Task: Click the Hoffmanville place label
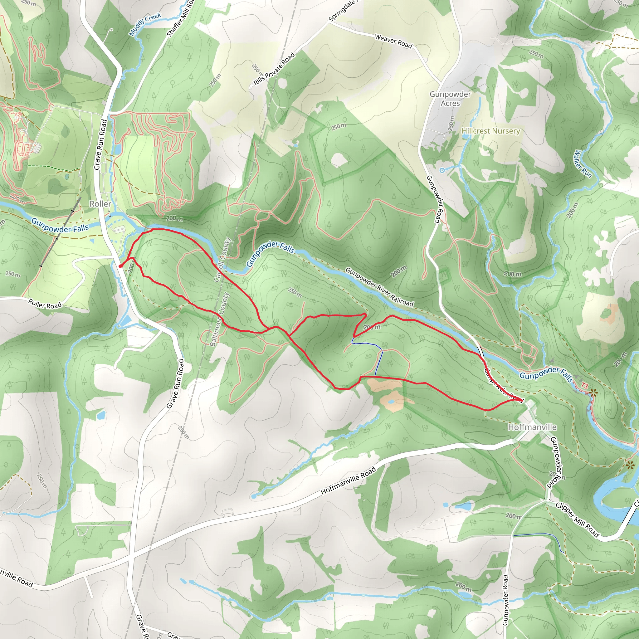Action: pyautogui.click(x=532, y=427)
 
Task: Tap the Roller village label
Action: pyautogui.click(x=100, y=204)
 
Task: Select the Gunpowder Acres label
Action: pyautogui.click(x=450, y=99)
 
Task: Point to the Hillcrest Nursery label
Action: pyautogui.click(x=490, y=131)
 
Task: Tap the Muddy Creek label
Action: pyautogui.click(x=145, y=24)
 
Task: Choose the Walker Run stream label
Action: pyautogui.click(x=583, y=164)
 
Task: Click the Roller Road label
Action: pyautogui.click(x=45, y=304)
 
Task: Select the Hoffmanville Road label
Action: pyautogui.click(x=348, y=480)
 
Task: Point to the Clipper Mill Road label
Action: pyautogui.click(x=577, y=520)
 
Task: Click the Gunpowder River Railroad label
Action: pyautogui.click(x=379, y=287)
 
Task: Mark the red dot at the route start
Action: pyautogui.click(x=120, y=266)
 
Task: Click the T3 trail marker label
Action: pyautogui.click(x=585, y=386)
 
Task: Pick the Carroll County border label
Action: pyautogui.click(x=222, y=260)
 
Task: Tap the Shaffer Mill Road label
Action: pyautogui.click(x=181, y=18)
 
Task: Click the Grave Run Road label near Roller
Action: pyautogui.click(x=100, y=144)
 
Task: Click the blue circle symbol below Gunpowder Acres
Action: pyautogui.click(x=442, y=170)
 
